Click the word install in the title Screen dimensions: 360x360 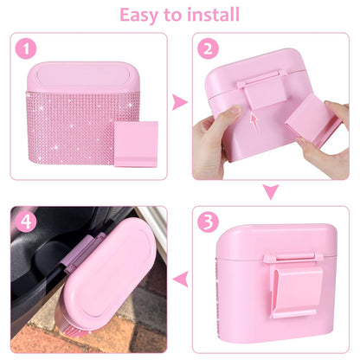213,14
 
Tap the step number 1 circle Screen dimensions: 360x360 26,48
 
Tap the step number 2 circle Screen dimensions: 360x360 208,48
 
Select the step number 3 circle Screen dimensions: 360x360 208,222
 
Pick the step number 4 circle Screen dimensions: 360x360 26,222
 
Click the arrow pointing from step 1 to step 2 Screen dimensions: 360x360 179,102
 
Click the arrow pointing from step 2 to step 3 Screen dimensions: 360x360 271,191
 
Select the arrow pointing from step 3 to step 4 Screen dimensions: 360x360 181,280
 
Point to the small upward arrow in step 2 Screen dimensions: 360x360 254,120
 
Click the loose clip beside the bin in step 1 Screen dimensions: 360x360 136,145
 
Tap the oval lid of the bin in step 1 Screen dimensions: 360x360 83,75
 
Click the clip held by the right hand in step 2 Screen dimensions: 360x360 313,121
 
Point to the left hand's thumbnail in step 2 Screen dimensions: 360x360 235,110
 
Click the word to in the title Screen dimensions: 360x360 173,16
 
